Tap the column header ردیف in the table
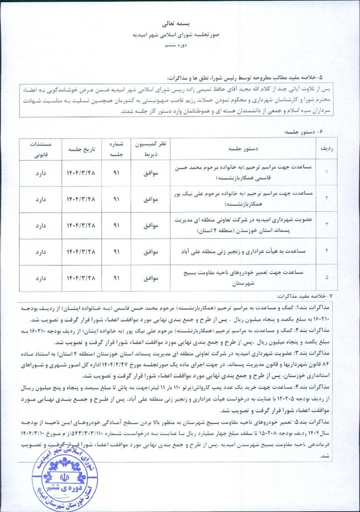click(325, 148)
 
